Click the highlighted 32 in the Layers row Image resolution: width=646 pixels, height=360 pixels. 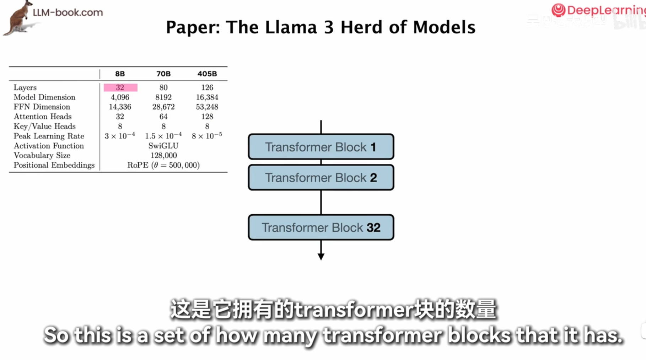(120, 87)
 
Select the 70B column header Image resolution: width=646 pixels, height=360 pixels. (163, 74)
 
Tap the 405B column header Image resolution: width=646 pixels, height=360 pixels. (207, 74)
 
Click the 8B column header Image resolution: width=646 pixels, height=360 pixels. (120, 74)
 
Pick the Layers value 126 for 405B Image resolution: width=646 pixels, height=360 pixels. (207, 87)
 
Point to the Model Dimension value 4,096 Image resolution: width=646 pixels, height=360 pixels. (120, 97)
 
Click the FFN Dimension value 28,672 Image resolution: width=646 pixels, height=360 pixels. (163, 107)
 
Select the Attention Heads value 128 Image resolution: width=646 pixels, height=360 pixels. (207, 117)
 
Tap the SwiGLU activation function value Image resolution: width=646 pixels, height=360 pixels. (163, 146)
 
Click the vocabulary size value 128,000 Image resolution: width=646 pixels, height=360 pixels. (163, 155)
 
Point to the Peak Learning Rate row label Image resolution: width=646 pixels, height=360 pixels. (49, 136)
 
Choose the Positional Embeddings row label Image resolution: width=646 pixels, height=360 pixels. (54, 165)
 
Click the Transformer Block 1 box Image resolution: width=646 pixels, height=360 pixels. (321, 147)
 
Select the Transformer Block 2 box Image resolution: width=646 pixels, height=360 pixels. (321, 177)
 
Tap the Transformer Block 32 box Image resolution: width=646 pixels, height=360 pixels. (321, 227)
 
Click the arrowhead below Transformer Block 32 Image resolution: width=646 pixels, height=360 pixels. (321, 256)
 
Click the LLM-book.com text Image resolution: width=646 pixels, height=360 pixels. (68, 12)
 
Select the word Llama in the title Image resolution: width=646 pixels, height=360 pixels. (291, 27)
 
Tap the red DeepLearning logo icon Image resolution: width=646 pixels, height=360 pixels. (558, 10)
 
